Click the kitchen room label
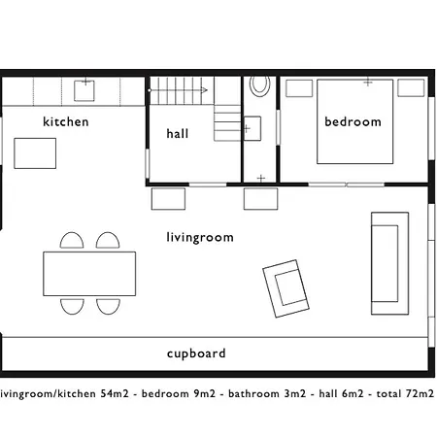[66, 121]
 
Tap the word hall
[178, 133]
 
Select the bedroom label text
[353, 121]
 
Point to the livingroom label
[200, 237]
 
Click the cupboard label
[196, 353]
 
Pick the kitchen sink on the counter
[84, 90]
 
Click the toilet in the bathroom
[259, 85]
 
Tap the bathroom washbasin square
[252, 128]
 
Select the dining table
[89, 274]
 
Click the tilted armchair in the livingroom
[286, 288]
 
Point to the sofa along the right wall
[389, 263]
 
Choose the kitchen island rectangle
[35, 153]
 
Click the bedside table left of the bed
[299, 88]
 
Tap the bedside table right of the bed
[411, 87]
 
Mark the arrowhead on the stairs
[204, 90]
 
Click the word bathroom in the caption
[253, 393]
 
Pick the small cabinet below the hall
[168, 199]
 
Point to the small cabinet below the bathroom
[260, 199]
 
